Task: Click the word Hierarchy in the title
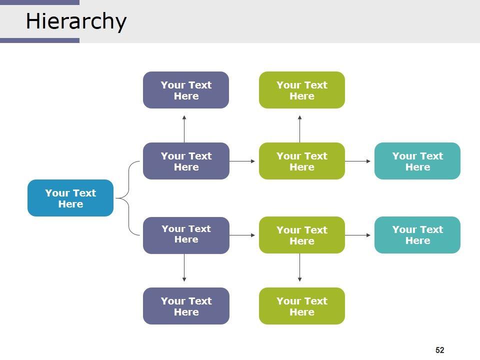pyautogui.click(x=76, y=21)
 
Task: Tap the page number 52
pyautogui.click(x=440, y=350)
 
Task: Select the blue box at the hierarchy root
pyautogui.click(x=70, y=198)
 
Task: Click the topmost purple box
pyautogui.click(x=186, y=90)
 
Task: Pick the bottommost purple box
pyautogui.click(x=186, y=306)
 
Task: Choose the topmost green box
pyautogui.click(x=302, y=90)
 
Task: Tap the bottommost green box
pyautogui.click(x=302, y=306)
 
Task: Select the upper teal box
pyautogui.click(x=417, y=161)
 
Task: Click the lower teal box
pyautogui.click(x=417, y=235)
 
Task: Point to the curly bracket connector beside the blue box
pyautogui.click(x=129, y=198)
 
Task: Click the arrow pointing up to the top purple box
pyautogui.click(x=184, y=129)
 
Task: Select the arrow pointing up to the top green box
pyautogui.click(x=300, y=129)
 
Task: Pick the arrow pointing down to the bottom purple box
pyautogui.click(x=184, y=268)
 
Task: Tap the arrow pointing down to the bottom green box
pyautogui.click(x=300, y=268)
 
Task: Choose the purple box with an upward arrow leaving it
pyautogui.click(x=186, y=161)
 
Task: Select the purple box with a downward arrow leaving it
pyautogui.click(x=186, y=235)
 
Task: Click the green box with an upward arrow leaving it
pyautogui.click(x=302, y=161)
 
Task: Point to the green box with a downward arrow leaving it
pyautogui.click(x=302, y=235)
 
